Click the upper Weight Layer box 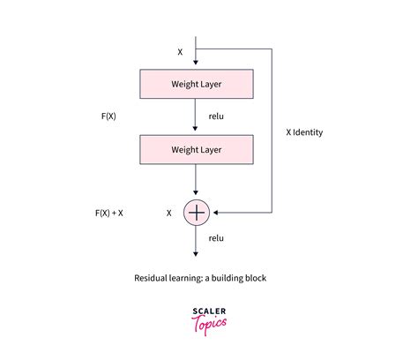click(x=196, y=84)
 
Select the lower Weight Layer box click(x=196, y=149)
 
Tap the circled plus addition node click(x=196, y=213)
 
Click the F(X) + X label click(x=108, y=213)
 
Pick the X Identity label click(x=304, y=132)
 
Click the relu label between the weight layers click(x=216, y=116)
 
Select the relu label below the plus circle click(x=216, y=238)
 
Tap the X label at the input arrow click(x=180, y=52)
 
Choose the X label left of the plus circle click(x=168, y=213)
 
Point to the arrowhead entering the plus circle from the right click(x=213, y=213)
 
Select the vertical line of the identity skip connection click(x=272, y=132)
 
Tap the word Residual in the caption click(x=154, y=278)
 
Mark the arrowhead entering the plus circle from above click(x=196, y=196)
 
